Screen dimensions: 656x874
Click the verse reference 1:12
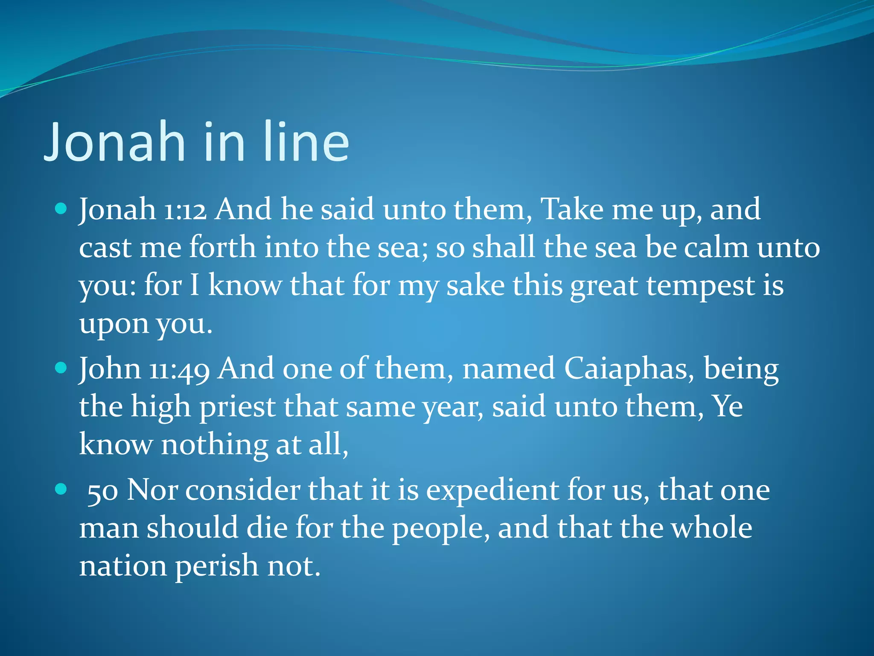tap(185, 210)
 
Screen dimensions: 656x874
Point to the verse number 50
tap(102, 491)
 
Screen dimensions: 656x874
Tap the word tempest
tap(700, 286)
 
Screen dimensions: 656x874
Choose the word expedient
tap(492, 491)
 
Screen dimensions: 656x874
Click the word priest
tap(237, 407)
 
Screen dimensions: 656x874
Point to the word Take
tap(572, 210)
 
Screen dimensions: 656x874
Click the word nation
tap(123, 566)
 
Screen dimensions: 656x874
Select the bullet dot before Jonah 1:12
tap(61, 209)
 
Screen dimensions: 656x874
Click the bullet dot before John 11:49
tap(61, 368)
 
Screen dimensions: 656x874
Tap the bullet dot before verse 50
tap(61, 489)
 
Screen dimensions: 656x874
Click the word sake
tap(475, 286)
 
